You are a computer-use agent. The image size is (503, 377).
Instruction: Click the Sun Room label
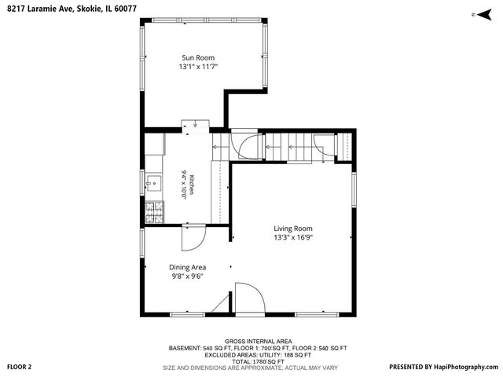pyautogui.click(x=198, y=57)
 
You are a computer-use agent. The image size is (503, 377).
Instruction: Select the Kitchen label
pyautogui.click(x=192, y=185)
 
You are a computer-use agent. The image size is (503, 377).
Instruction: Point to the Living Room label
pyautogui.click(x=293, y=229)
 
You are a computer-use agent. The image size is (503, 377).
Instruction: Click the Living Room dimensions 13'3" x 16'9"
pyautogui.click(x=293, y=237)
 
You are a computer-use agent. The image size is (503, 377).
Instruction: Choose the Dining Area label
pyautogui.click(x=187, y=267)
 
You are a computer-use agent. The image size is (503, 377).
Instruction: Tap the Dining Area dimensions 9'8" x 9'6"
pyautogui.click(x=187, y=276)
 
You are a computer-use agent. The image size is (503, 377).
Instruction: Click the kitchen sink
pyautogui.click(x=154, y=183)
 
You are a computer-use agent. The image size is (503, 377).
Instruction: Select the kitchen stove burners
pyautogui.click(x=154, y=212)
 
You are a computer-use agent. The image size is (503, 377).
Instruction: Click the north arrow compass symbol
pyautogui.click(x=484, y=14)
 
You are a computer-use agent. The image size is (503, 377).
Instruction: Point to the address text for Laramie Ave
pyautogui.click(x=72, y=9)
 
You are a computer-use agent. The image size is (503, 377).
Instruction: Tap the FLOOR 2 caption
pyautogui.click(x=19, y=367)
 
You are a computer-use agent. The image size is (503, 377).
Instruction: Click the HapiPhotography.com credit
pyautogui.click(x=443, y=367)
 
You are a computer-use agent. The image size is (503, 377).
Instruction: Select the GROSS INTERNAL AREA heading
pyautogui.click(x=258, y=342)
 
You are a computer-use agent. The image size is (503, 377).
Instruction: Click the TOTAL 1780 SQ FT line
pyautogui.click(x=259, y=362)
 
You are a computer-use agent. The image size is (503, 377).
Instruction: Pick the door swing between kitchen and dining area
pyautogui.click(x=194, y=238)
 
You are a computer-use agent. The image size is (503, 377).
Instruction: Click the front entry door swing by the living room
pyautogui.click(x=250, y=298)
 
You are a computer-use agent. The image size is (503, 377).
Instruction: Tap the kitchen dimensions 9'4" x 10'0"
pyautogui.click(x=184, y=185)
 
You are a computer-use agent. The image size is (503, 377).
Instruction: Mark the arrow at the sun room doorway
pyautogui.click(x=195, y=123)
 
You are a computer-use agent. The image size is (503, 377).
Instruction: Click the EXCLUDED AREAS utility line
pyautogui.click(x=258, y=355)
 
